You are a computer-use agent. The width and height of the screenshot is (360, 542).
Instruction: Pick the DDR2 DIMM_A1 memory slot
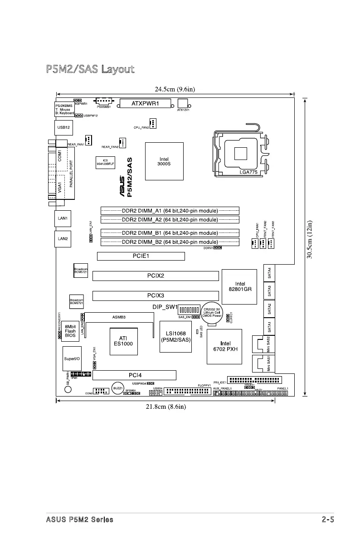click(170, 211)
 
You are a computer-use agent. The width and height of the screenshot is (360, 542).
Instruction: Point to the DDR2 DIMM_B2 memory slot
click(170, 242)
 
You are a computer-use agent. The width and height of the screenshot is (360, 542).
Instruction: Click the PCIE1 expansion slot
click(141, 256)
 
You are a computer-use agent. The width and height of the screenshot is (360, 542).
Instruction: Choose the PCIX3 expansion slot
click(156, 295)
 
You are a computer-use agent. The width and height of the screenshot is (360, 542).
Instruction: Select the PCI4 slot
click(135, 375)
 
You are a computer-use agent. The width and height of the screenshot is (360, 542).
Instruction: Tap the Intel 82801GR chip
click(240, 287)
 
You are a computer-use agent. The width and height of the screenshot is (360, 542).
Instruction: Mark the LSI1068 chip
click(175, 337)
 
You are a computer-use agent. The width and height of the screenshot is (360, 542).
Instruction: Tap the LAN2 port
click(63, 238)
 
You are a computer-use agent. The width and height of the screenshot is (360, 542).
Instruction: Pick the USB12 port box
click(62, 128)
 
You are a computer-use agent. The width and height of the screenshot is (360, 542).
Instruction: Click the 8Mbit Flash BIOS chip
click(70, 331)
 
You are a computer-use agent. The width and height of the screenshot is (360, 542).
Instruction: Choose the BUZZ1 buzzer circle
click(118, 389)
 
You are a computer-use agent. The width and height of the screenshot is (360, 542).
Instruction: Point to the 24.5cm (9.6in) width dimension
click(174, 89)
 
